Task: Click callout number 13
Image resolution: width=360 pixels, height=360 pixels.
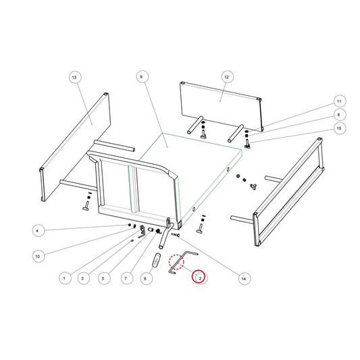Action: pyautogui.click(x=74, y=78)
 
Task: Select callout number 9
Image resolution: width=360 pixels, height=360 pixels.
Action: pyautogui.click(x=142, y=77)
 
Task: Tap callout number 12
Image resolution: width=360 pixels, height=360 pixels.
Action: pyautogui.click(x=227, y=77)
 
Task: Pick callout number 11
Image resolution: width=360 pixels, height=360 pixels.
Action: pyautogui.click(x=339, y=101)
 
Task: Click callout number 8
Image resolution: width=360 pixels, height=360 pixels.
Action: pyautogui.click(x=339, y=115)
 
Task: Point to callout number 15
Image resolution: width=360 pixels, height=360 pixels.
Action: pyautogui.click(x=339, y=128)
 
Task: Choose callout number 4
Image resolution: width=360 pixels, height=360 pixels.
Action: pyautogui.click(x=38, y=230)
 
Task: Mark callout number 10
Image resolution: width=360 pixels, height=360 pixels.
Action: pyautogui.click(x=38, y=256)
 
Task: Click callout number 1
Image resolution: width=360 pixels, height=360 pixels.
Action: pyautogui.click(x=65, y=278)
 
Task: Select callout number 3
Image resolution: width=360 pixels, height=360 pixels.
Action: pyautogui.click(x=83, y=278)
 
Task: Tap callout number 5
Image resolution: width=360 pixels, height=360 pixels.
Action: pyautogui.click(x=103, y=278)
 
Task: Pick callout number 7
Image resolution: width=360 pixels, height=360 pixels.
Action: pyautogui.click(x=126, y=278)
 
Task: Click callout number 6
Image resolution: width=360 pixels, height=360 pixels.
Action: pyautogui.click(x=146, y=279)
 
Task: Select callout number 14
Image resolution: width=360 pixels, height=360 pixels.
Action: pyautogui.click(x=244, y=278)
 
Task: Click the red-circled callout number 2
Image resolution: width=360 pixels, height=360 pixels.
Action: pyautogui.click(x=199, y=276)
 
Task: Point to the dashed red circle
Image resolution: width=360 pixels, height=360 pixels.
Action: pyautogui.click(x=176, y=262)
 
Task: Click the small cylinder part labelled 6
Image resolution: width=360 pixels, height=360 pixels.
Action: pyautogui.click(x=157, y=260)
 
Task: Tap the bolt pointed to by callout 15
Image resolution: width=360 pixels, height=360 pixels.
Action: pyautogui.click(x=247, y=144)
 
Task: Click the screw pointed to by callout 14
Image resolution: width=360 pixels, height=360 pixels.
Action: pyautogui.click(x=176, y=234)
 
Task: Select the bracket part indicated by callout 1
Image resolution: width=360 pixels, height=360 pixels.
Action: pyautogui.click(x=143, y=231)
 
